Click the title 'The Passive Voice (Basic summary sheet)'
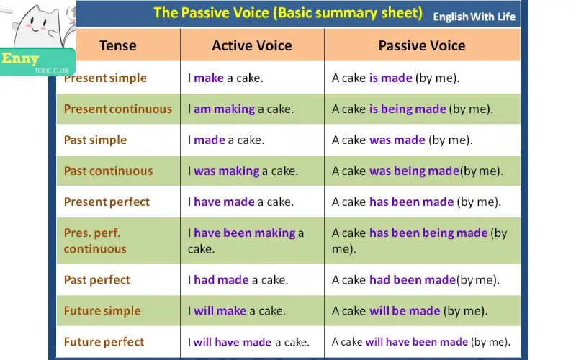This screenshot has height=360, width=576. (288, 13)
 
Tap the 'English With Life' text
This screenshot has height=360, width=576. (474, 17)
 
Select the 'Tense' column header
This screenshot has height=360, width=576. (117, 45)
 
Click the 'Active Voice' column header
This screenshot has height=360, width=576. (251, 45)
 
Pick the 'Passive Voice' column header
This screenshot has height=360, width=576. (421, 45)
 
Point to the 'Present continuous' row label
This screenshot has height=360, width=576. (117, 109)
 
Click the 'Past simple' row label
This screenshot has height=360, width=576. (95, 140)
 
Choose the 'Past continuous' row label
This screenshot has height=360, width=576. (108, 171)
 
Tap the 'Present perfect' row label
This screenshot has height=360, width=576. (107, 202)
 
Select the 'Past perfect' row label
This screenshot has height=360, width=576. (96, 279)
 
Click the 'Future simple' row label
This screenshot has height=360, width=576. (102, 311)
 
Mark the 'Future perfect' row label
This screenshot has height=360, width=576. (104, 342)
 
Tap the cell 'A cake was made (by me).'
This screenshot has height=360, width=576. (402, 140)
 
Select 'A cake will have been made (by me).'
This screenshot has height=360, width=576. (420, 342)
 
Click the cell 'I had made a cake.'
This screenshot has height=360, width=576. (238, 279)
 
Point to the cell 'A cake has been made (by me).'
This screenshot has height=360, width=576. (416, 202)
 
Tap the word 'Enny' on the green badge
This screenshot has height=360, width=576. (20, 59)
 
